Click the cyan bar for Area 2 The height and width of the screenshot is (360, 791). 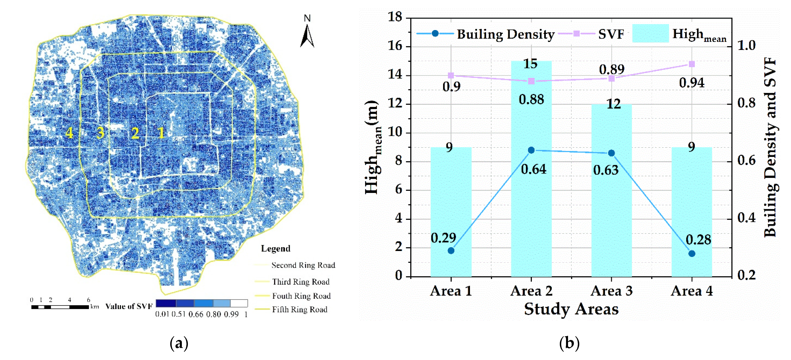531,184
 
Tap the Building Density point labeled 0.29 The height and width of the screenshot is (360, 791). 451,250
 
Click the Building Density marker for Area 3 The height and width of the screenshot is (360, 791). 611,153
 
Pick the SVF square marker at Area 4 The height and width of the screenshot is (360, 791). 692,64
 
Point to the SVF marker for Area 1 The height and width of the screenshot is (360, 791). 451,75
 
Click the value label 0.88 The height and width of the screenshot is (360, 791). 531,99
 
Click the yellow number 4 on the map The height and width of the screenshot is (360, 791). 69,133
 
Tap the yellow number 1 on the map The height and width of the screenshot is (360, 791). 161,133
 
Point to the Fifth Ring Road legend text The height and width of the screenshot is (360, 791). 299,309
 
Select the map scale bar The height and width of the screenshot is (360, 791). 60,307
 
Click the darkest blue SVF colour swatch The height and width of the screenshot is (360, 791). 166,303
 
